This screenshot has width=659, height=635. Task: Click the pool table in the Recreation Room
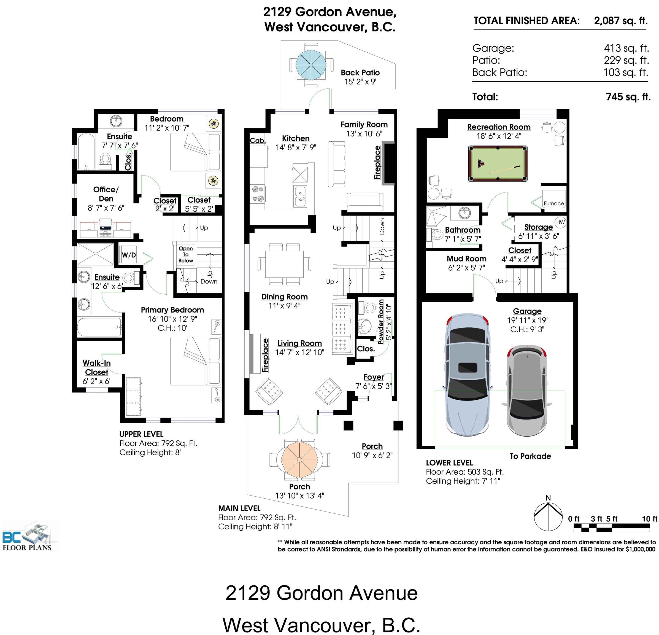(x=497, y=164)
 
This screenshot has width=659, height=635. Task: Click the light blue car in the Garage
(x=467, y=375)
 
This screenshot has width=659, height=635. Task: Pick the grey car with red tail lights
(x=526, y=390)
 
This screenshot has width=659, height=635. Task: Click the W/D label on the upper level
(x=129, y=255)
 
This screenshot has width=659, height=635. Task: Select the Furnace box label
(x=554, y=203)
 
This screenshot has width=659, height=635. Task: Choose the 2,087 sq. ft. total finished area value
(x=621, y=20)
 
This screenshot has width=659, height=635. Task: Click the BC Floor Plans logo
(x=29, y=536)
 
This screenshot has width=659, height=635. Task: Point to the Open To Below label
(x=186, y=254)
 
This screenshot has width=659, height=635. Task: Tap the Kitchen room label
(x=296, y=138)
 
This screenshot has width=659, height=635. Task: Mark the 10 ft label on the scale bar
(x=649, y=519)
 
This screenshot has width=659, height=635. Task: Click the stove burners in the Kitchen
(x=258, y=194)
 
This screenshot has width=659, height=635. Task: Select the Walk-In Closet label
(x=96, y=368)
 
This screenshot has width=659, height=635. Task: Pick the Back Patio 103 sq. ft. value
(x=626, y=72)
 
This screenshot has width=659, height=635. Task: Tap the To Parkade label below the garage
(x=530, y=456)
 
